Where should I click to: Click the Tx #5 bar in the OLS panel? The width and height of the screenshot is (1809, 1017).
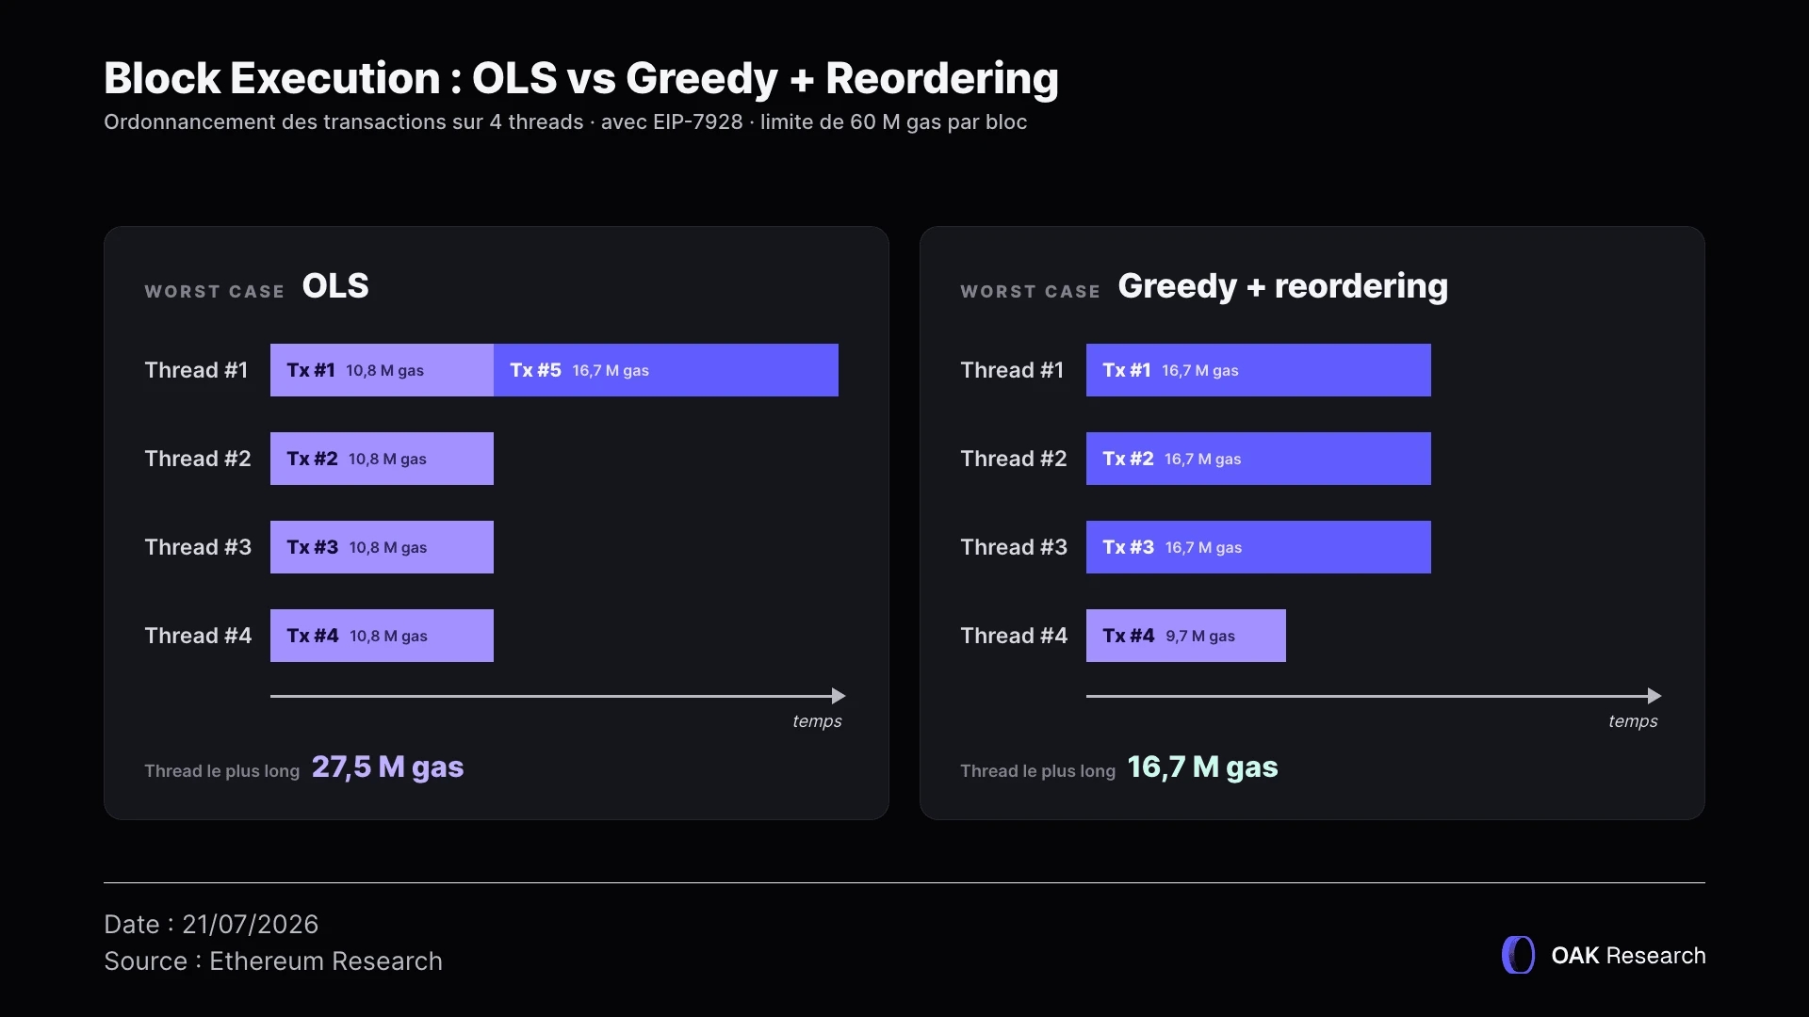tap(666, 370)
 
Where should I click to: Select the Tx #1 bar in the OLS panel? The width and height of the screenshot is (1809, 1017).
tap(382, 370)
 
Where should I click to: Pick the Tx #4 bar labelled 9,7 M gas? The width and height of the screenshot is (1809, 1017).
tap(1185, 636)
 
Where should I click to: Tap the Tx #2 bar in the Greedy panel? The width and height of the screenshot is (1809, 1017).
tap(1258, 459)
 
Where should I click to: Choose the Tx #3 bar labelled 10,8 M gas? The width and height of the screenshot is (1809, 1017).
tap(382, 547)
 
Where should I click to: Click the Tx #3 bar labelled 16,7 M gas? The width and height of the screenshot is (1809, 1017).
tap(1258, 547)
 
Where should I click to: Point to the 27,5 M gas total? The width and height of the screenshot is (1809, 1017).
tap(387, 767)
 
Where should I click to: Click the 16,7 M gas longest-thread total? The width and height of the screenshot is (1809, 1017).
tap(1202, 767)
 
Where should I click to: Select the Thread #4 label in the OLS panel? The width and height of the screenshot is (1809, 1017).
tap(198, 636)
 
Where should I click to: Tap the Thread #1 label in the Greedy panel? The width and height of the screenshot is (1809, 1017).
tap(1012, 370)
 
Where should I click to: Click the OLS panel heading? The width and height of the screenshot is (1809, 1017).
tap(335, 286)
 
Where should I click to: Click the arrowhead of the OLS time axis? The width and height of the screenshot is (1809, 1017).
tap(839, 696)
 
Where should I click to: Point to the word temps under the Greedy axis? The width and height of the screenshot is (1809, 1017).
tap(1633, 721)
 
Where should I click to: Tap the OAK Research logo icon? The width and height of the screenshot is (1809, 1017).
tap(1518, 955)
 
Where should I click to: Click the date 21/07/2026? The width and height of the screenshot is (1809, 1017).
tap(250, 925)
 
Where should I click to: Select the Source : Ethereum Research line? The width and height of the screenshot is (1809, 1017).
tap(273, 961)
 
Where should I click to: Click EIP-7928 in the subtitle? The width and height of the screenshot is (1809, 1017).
tap(698, 122)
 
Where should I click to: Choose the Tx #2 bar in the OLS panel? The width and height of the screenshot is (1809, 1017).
tap(382, 459)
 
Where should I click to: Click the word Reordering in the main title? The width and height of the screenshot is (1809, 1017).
tap(942, 79)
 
